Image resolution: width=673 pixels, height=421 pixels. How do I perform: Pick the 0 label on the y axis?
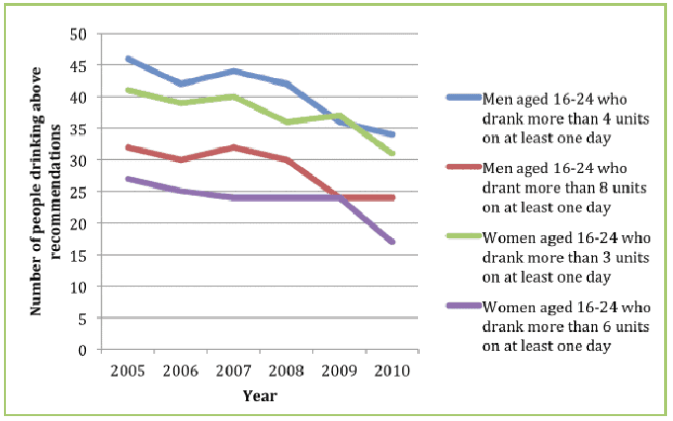(84, 349)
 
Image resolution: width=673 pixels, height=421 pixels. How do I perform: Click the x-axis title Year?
(261, 395)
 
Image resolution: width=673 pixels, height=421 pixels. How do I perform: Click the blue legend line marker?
(463, 98)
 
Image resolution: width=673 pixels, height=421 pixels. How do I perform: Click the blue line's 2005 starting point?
(128, 59)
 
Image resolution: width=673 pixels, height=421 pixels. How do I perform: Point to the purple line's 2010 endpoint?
(394, 242)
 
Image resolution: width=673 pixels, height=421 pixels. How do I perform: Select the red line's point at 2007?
(234, 147)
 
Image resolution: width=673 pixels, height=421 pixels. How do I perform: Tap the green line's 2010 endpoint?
(394, 153)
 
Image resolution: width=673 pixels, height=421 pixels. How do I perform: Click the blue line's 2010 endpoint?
(394, 134)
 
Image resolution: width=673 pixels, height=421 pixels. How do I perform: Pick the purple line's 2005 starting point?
(128, 179)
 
